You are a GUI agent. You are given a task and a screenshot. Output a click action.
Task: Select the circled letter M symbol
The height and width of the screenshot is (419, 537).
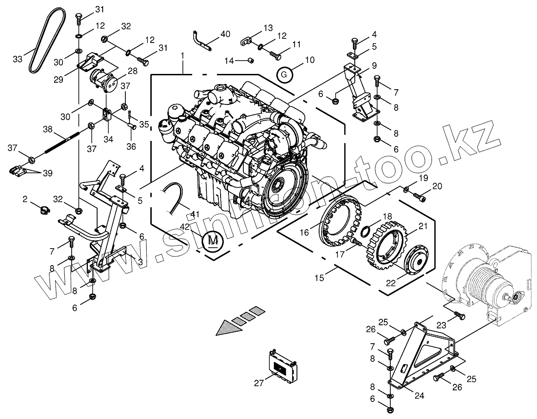tap(212, 240)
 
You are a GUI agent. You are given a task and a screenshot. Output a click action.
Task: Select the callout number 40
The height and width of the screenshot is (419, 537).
tap(225, 34)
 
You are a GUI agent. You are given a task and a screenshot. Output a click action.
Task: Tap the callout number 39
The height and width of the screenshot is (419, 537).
tap(48, 173)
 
